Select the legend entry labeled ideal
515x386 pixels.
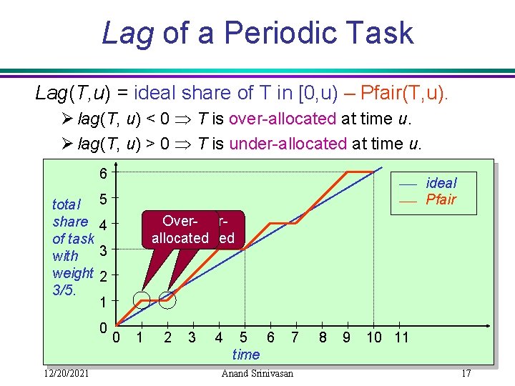point(441,183)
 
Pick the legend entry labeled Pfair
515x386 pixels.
point(441,199)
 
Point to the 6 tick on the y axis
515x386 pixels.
point(104,174)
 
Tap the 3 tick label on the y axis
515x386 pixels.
point(103,250)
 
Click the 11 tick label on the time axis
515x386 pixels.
point(401,337)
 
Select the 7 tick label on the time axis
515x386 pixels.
point(294,337)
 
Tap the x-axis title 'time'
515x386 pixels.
point(246,354)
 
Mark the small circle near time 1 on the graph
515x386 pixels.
point(142,300)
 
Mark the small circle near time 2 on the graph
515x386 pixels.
point(167,300)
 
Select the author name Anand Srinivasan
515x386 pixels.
point(258,373)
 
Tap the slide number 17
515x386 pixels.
point(466,373)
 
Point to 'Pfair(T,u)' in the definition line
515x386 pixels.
point(405,92)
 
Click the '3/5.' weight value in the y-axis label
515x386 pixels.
point(65,289)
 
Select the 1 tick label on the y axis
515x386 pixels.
point(104,302)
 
